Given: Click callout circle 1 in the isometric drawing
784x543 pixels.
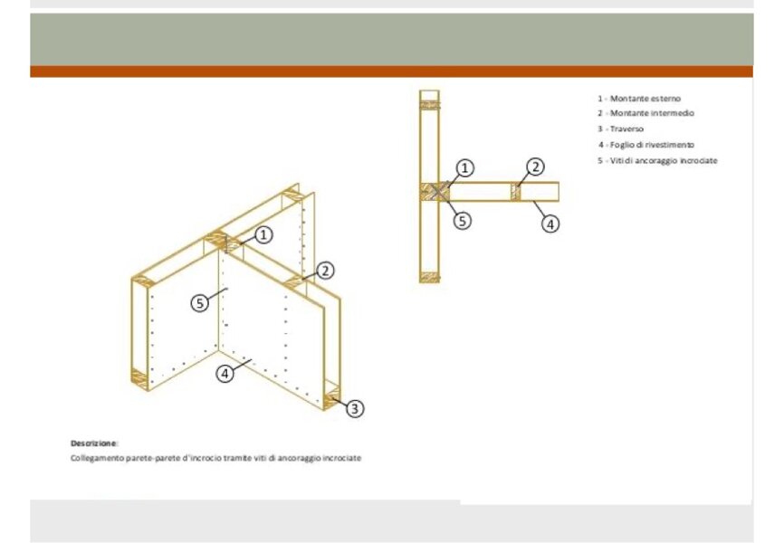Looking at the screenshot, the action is point(263,234).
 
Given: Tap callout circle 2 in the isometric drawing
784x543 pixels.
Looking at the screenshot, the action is point(325,271).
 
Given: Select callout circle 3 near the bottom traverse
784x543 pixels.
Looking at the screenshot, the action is point(355,408).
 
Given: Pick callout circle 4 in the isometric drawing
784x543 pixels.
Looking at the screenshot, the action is point(225,373).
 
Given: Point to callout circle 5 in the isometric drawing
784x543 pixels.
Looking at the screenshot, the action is point(200,303).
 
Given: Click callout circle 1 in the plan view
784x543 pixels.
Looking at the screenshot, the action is point(465,168).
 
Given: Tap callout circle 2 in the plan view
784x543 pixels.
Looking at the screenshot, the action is point(535,167).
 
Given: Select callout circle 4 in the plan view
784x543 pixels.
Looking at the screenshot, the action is point(550,224).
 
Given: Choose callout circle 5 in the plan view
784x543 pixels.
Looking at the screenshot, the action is point(463,221).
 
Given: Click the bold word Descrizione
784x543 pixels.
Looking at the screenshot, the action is point(94,443).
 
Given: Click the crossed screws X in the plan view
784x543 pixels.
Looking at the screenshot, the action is point(439,192).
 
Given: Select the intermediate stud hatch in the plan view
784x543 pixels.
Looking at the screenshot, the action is point(515,192).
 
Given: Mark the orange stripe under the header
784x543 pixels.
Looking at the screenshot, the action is point(391,71).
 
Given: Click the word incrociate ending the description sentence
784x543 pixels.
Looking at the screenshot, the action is point(342,458).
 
